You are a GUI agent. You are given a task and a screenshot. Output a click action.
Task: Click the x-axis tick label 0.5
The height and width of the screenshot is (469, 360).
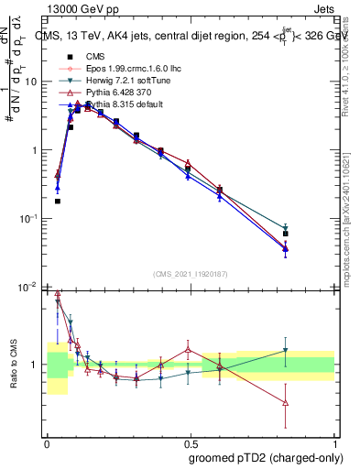[191, 442]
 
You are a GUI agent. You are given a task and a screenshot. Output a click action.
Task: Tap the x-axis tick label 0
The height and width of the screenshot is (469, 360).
[47, 442]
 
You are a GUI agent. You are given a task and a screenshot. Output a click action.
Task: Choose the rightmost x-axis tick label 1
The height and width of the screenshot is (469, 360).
[334, 442]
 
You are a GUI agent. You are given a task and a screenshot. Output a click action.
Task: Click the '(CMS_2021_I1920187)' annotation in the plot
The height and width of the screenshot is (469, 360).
[191, 274]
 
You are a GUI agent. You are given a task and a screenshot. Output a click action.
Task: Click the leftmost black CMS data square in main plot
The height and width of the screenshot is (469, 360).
[58, 201]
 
